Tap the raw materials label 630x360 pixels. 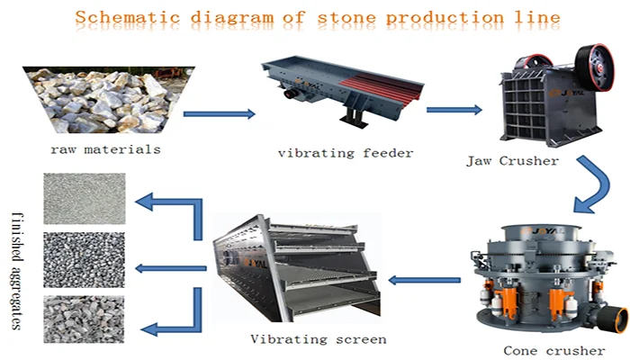point(105,149)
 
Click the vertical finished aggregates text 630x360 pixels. point(18,270)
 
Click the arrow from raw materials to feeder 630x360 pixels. point(219,114)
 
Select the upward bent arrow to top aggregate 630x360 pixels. point(175,211)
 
